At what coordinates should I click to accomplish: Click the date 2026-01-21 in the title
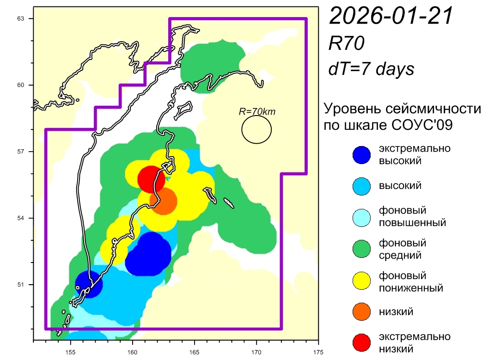[x=390, y=16]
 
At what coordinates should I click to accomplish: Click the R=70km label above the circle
[x=256, y=111]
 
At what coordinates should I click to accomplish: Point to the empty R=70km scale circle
[x=256, y=129]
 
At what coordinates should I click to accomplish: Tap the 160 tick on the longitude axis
[x=133, y=350]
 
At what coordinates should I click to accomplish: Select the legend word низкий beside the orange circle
[x=396, y=311]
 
